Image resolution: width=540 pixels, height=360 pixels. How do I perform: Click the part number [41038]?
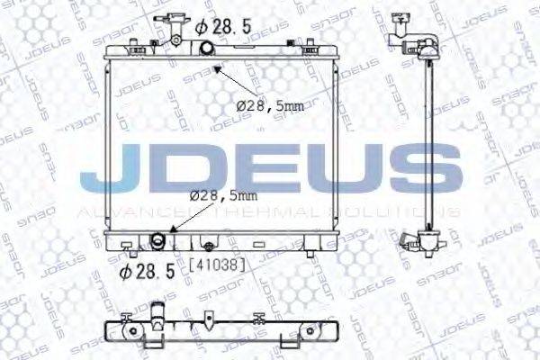tap(218, 265)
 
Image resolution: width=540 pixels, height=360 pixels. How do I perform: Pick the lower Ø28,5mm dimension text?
tap(223, 194)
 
